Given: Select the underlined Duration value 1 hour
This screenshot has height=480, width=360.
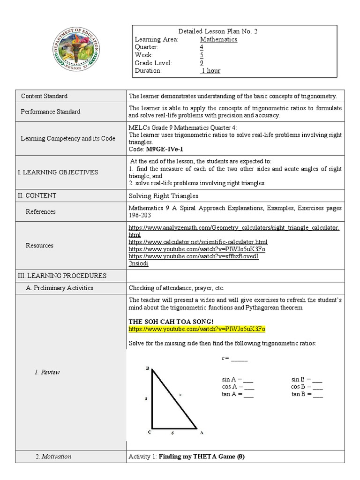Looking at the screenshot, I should point(210,71).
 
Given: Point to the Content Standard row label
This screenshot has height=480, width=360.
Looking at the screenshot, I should point(45,96).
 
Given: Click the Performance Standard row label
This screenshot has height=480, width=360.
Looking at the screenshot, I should point(51,112).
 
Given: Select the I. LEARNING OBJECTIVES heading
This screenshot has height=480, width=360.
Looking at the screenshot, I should point(58,172).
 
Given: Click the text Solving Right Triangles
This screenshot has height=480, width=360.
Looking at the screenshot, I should point(163,195).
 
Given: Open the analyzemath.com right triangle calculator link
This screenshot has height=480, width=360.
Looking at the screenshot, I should point(234,228).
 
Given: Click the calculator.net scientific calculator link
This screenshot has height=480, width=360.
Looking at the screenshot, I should point(198,242).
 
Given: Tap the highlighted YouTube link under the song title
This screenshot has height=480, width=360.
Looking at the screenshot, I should point(197,329).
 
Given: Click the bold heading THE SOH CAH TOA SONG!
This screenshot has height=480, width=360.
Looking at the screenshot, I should point(171,322).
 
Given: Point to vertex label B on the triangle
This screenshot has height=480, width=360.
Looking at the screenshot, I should point(147,369).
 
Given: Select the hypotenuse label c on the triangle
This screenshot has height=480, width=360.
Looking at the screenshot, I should point(180,395).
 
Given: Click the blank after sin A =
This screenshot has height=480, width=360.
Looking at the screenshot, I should point(249,380).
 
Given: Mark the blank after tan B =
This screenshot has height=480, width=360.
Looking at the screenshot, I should point(318,395).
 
